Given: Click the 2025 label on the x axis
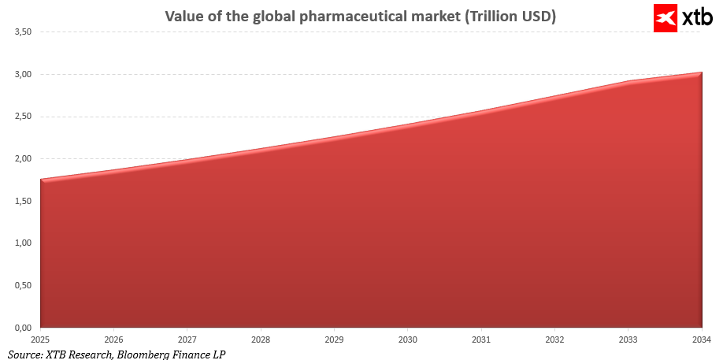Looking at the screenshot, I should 40,340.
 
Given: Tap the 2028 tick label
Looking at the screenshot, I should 261,340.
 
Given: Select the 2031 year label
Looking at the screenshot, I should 481,340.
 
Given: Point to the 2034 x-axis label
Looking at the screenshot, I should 702,340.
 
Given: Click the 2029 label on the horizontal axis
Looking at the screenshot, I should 334,340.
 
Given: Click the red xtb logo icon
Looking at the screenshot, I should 665,17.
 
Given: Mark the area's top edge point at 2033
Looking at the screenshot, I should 628,81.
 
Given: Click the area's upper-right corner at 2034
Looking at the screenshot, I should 701,73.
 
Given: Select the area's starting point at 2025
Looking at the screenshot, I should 41,180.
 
